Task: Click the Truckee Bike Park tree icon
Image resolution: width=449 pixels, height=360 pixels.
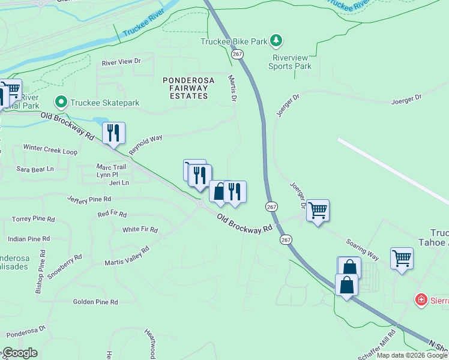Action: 276,41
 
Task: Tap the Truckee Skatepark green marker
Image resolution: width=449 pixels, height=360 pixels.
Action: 60,103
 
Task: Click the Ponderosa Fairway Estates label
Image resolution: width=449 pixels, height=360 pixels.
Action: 185,88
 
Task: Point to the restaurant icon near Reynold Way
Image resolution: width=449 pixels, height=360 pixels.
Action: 113,133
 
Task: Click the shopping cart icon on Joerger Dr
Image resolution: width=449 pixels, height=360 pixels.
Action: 318,211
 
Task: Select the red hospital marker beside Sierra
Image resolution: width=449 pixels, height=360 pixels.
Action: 422,299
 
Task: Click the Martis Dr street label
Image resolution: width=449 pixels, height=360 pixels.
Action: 232,88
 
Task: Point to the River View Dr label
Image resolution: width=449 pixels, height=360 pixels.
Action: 121,61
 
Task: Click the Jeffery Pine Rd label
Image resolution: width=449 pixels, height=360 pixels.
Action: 89,199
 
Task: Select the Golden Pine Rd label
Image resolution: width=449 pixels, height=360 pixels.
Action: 95,302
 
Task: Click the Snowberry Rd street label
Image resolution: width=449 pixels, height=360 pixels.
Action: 65,266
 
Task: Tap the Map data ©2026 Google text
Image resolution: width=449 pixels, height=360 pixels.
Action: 411,355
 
